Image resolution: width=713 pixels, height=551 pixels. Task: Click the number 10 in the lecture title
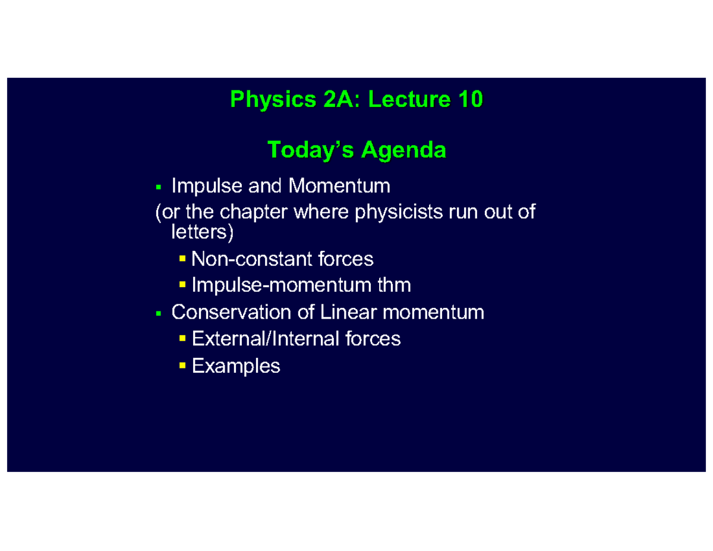(x=469, y=100)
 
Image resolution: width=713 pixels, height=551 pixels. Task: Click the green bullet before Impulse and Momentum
(x=158, y=188)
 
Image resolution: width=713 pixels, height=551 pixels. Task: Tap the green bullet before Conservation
(x=158, y=313)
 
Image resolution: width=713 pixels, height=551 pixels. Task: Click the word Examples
(x=236, y=366)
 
